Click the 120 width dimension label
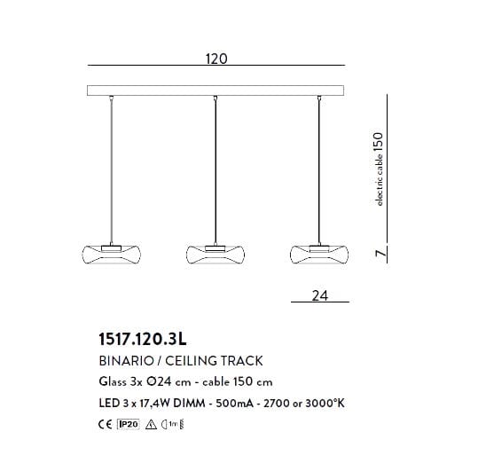216,59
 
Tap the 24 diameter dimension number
319,295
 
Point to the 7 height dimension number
381,253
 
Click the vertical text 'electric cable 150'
379,169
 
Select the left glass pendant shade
111,255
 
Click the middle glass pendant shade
216,255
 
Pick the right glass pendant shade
319,255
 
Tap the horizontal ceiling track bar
216,90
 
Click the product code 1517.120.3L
143,339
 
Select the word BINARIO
126,361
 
